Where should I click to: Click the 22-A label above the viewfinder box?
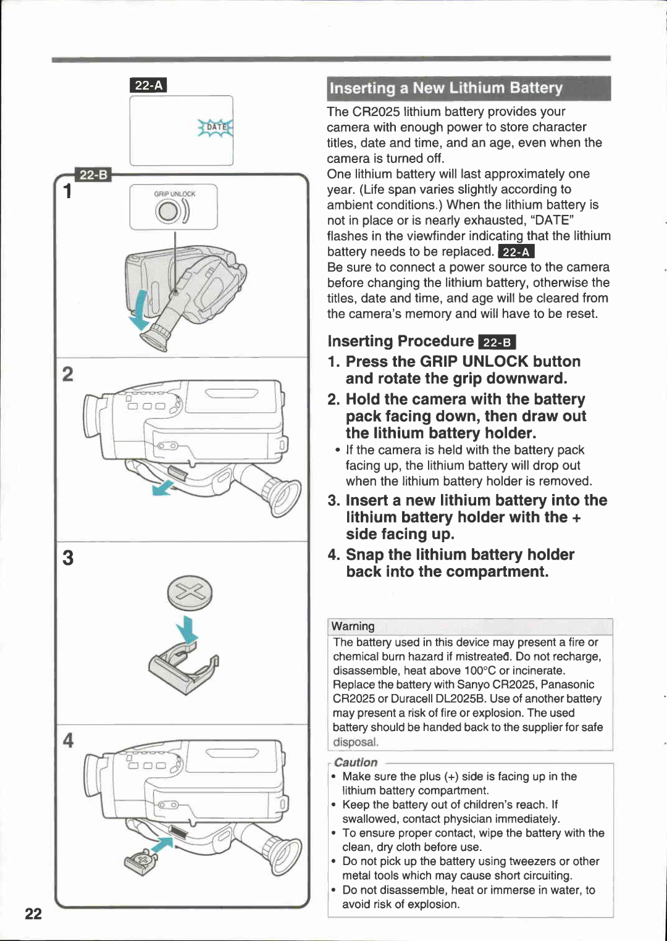tap(148, 85)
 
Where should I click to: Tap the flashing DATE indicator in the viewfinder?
tap(216, 127)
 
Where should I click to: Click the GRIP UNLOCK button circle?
tap(168, 212)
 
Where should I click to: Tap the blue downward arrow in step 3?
tap(187, 632)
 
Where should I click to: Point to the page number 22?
tap(33, 914)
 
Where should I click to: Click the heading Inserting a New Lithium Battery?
tap(446, 88)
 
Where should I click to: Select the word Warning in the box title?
tap(353, 626)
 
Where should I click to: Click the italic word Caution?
tap(356, 763)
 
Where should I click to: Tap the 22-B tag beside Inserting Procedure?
tap(497, 343)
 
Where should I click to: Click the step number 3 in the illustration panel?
tap(68, 558)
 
